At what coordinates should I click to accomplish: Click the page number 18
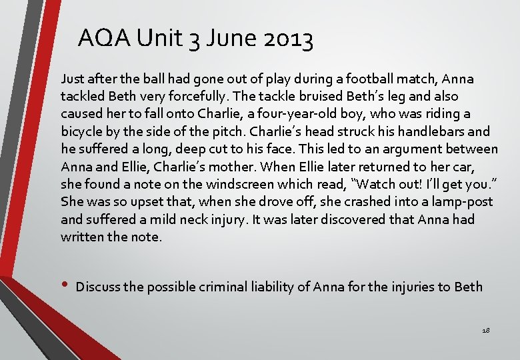click(486, 330)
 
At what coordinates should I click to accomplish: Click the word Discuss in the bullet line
click(99, 287)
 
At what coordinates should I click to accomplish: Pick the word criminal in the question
click(217, 287)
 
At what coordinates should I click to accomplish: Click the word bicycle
click(84, 132)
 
